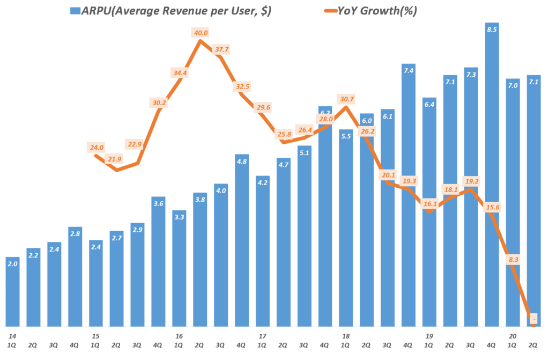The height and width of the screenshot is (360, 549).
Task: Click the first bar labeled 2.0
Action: click(13, 292)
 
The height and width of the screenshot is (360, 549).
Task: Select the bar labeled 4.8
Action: click(242, 241)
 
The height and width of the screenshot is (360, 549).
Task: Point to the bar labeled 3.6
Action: click(159, 263)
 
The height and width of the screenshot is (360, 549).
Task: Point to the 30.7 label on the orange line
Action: click(346, 99)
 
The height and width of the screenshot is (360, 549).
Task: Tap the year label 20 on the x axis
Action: click(513, 335)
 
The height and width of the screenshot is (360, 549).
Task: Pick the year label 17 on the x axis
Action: click(262, 335)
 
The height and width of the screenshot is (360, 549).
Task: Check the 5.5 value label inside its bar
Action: click(346, 136)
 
